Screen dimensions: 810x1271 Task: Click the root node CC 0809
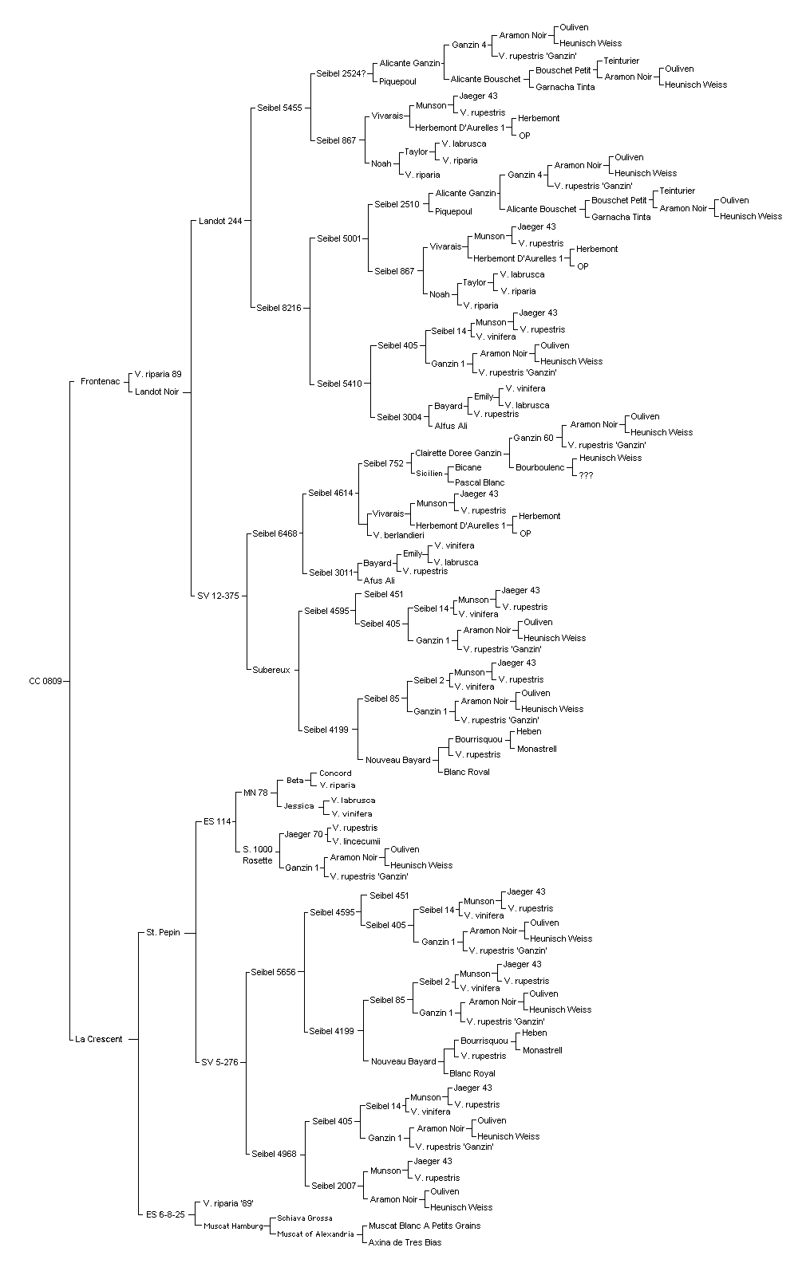[x=45, y=681]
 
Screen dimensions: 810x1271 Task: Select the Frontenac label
[x=101, y=381]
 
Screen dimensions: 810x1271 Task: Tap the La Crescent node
[x=99, y=1039]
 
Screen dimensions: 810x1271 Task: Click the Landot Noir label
[x=156, y=392]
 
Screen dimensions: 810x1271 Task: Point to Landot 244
[x=220, y=221]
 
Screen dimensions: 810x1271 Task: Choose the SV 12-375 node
[x=218, y=596]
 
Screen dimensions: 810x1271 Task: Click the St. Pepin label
[x=163, y=932]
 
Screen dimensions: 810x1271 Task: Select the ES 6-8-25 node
[x=165, y=1214]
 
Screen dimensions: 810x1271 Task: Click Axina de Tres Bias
[x=405, y=1242]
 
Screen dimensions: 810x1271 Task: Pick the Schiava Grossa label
[x=305, y=1218]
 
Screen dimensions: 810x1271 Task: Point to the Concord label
[x=335, y=773]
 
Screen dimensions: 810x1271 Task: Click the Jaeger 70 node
[x=303, y=834]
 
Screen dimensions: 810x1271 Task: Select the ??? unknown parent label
[x=586, y=475]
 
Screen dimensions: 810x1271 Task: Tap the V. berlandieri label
[x=399, y=535]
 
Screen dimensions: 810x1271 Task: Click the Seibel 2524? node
[x=341, y=73]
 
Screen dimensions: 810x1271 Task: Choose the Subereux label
[x=271, y=670]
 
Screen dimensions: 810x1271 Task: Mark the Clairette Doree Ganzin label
[x=458, y=453]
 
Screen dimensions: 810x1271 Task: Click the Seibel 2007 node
[x=334, y=1186]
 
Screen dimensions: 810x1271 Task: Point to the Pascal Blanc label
[x=480, y=482]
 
